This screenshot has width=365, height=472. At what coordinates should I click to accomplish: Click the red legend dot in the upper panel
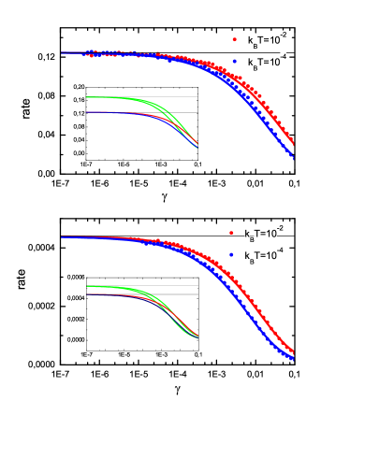tap(234, 39)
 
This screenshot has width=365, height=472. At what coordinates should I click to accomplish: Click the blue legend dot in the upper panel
tap(234, 61)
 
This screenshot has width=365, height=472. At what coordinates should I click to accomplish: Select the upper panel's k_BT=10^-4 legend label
tap(267, 61)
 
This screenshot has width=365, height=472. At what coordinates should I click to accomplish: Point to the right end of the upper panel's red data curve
tap(294, 143)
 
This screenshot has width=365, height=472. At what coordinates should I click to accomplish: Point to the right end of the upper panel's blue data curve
tap(294, 156)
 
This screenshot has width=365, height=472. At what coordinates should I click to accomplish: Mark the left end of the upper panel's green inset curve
tap(87, 97)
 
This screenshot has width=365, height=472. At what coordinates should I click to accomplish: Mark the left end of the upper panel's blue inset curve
tap(87, 112)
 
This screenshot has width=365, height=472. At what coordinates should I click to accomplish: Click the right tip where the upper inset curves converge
tap(197, 147)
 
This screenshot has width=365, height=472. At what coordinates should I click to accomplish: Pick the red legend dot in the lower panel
tap(230, 232)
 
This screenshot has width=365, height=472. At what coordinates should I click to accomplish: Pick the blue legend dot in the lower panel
tap(230, 254)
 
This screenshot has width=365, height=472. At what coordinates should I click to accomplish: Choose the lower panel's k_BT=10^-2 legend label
tap(263, 232)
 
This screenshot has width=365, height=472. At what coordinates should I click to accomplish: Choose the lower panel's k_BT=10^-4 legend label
tap(263, 254)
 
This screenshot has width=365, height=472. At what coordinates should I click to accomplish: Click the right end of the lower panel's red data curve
tap(294, 353)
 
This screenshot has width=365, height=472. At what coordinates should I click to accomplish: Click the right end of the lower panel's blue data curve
tap(294, 359)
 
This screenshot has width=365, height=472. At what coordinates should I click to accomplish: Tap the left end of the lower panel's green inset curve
tap(87, 286)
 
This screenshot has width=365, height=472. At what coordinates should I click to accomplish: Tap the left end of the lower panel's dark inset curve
tap(87, 294)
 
